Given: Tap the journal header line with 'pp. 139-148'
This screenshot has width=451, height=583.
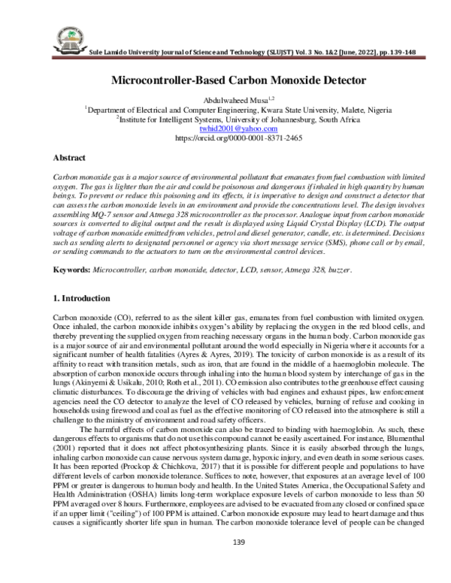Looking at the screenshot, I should [x=248, y=56].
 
